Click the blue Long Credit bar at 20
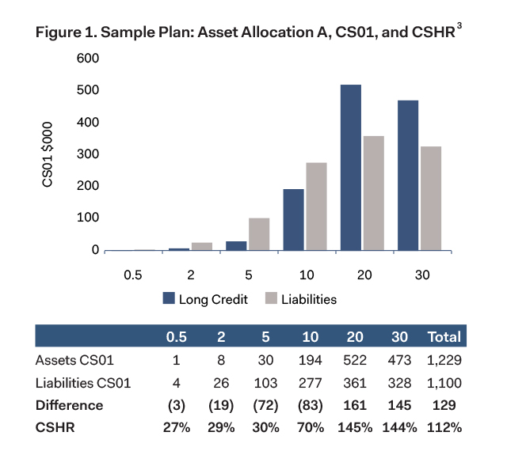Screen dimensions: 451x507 click(350, 168)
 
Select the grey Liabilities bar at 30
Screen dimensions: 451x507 click(430, 199)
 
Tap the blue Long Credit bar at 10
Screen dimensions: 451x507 click(294, 220)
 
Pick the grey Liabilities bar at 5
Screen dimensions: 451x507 click(259, 234)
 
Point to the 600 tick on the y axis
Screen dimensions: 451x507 click(87, 59)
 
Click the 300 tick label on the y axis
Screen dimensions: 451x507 click(87, 154)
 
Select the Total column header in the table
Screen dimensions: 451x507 click(444, 336)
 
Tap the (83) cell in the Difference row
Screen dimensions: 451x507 click(311, 405)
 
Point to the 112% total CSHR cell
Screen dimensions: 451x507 click(444, 428)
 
